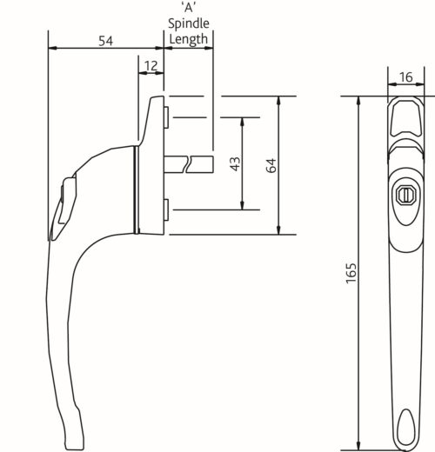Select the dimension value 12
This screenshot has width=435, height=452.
coord(151,66)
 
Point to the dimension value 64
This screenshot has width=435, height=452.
coord(271,165)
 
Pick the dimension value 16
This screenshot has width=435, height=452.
coord(406,78)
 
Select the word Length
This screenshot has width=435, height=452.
coord(189,40)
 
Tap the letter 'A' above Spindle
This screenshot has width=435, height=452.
coord(189,9)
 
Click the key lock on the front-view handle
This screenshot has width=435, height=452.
coord(406,193)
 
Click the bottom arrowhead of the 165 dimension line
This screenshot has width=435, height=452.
coord(358,441)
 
